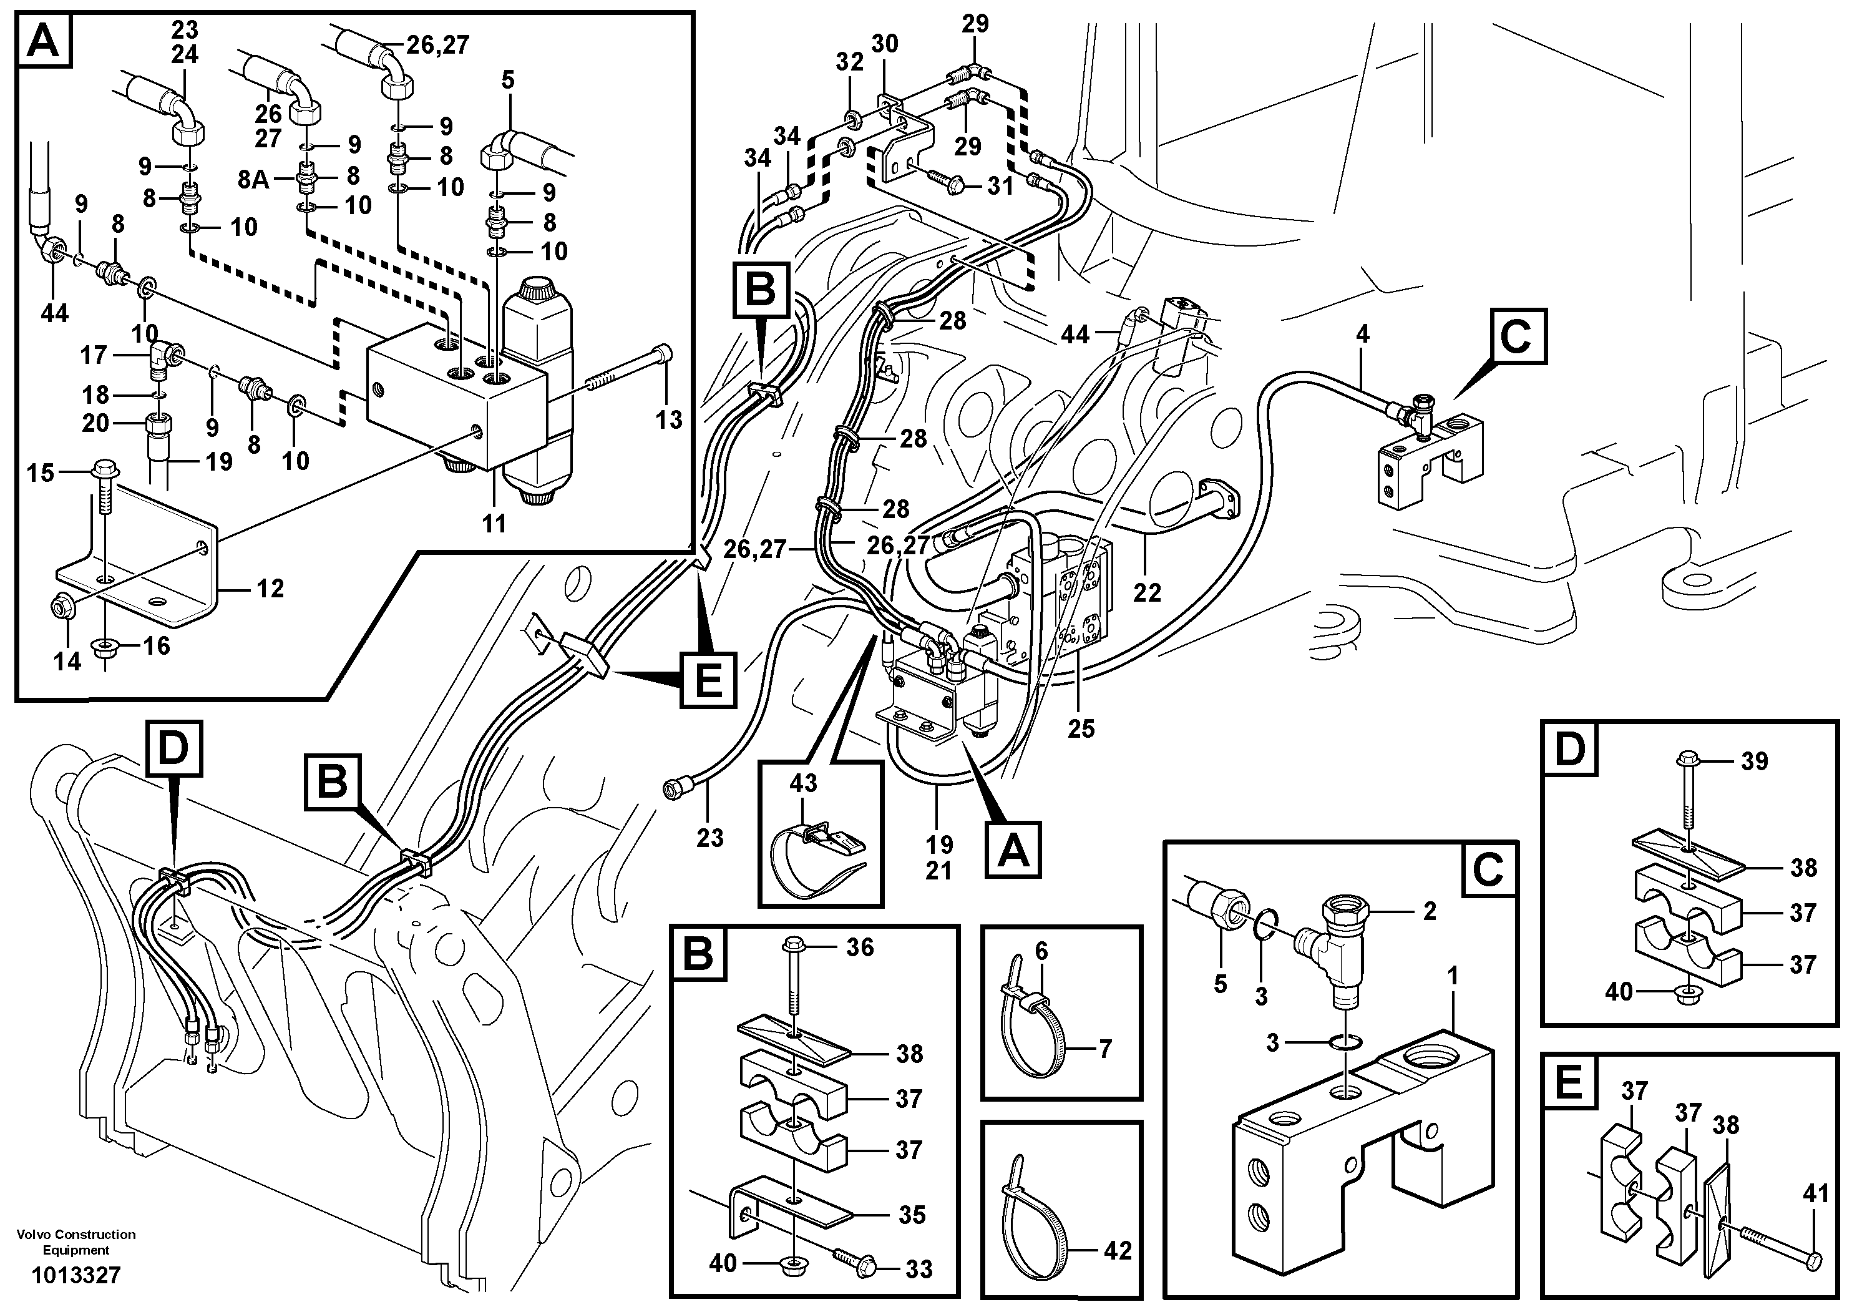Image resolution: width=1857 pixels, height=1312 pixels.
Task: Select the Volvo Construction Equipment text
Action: (x=76, y=1241)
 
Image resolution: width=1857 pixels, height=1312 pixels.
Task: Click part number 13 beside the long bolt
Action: (x=668, y=420)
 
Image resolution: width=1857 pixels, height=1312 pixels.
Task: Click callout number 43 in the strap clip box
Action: (x=802, y=783)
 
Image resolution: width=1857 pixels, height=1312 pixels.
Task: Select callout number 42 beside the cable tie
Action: (x=1117, y=1251)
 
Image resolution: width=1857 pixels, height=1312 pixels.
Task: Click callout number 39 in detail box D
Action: (x=1753, y=761)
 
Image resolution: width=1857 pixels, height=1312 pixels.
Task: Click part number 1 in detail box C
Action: (x=1452, y=976)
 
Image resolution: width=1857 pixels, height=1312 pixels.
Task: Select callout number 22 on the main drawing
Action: (x=1147, y=593)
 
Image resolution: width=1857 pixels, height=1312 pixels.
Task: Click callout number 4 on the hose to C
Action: (x=1362, y=334)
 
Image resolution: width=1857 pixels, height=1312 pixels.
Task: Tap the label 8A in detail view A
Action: (x=254, y=178)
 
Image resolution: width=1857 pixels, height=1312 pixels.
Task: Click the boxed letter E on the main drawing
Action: (x=708, y=680)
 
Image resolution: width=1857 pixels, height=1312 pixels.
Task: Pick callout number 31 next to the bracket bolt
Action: (x=1000, y=186)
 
